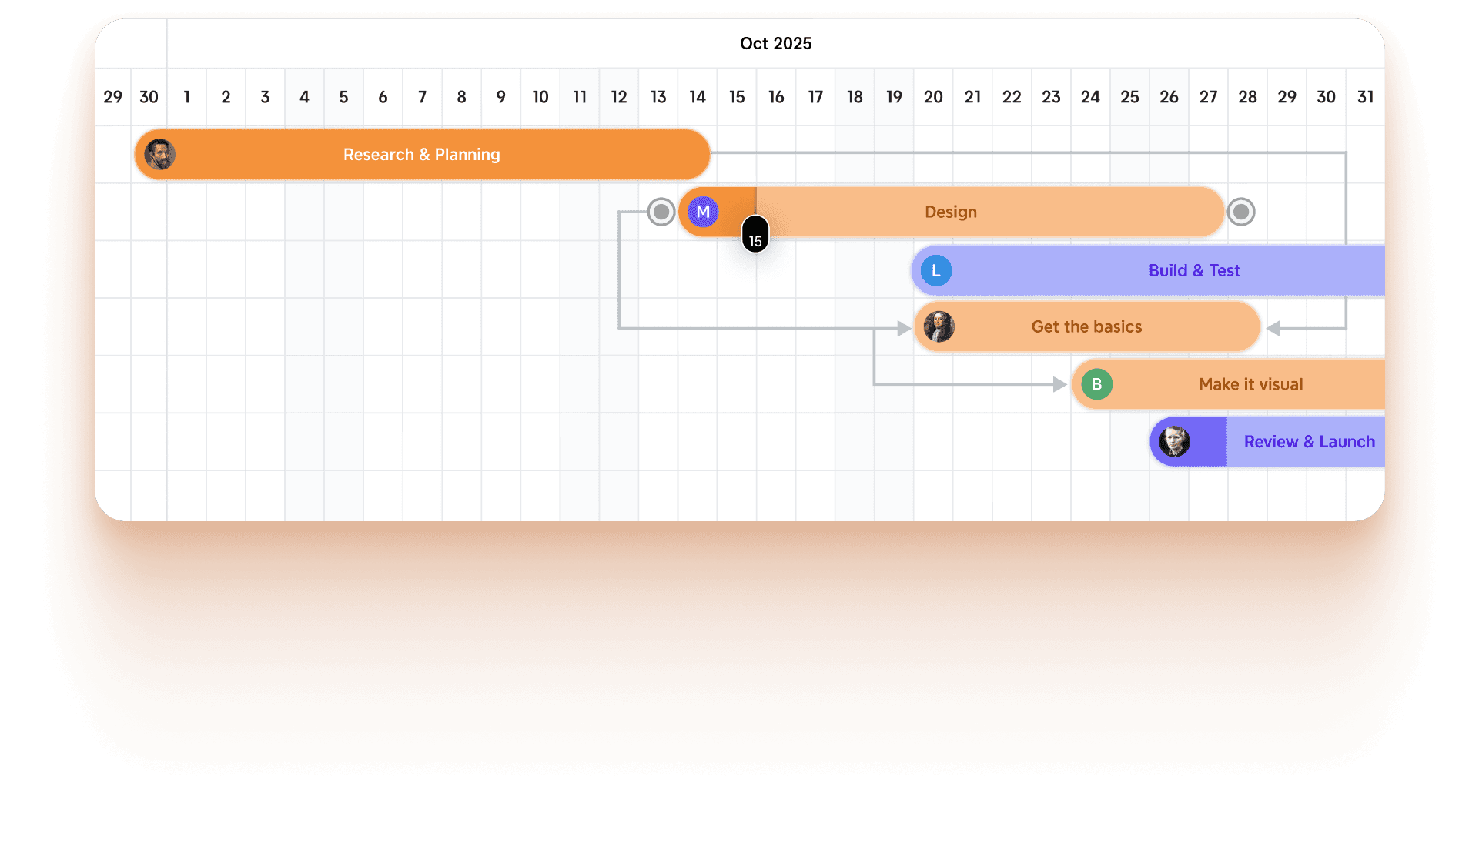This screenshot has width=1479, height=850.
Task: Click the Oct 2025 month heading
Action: pyautogui.click(x=775, y=43)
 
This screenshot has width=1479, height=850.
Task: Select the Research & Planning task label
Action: pyautogui.click(x=421, y=155)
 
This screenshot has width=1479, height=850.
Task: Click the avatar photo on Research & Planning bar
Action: pyautogui.click(x=160, y=155)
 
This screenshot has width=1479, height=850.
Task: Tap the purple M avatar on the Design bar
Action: pyautogui.click(x=703, y=212)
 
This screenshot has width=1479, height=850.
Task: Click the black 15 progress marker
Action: pyautogui.click(x=755, y=239)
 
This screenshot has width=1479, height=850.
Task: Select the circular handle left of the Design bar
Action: pyautogui.click(x=661, y=212)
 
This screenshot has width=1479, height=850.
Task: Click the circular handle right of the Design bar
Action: pyautogui.click(x=1240, y=212)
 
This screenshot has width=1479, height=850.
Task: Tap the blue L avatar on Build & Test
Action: pyautogui.click(x=936, y=270)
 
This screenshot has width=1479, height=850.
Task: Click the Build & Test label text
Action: pyautogui.click(x=1194, y=270)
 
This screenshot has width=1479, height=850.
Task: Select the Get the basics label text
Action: pyautogui.click(x=1086, y=326)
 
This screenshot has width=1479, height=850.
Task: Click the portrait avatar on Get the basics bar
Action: pyautogui.click(x=939, y=326)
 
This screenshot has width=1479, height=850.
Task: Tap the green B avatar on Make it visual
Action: pyautogui.click(x=1096, y=384)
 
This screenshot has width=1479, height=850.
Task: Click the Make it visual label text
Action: pyautogui.click(x=1250, y=384)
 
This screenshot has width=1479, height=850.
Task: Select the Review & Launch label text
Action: pyautogui.click(x=1309, y=442)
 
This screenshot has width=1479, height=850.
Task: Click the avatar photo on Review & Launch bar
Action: pyautogui.click(x=1175, y=442)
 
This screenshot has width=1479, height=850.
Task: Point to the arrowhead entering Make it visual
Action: pyautogui.click(x=1060, y=384)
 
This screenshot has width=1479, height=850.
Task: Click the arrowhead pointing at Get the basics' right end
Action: pyautogui.click(x=1273, y=329)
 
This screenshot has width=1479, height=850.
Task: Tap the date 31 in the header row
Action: pyautogui.click(x=1365, y=97)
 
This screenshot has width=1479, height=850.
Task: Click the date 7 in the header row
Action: pyautogui.click(x=422, y=97)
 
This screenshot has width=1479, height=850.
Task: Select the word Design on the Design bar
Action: pyautogui.click(x=950, y=212)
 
